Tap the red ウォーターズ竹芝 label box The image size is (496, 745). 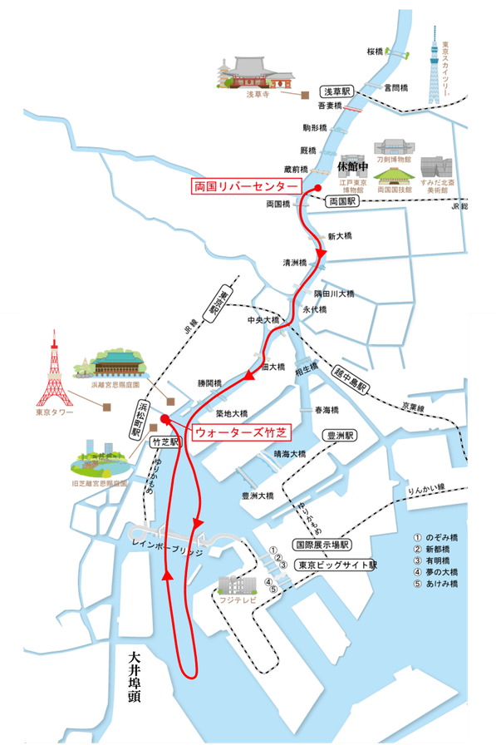[241, 432]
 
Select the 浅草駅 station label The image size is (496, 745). [338, 91]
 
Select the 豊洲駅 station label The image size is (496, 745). [341, 435]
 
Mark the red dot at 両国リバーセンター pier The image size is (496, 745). [317, 190]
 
